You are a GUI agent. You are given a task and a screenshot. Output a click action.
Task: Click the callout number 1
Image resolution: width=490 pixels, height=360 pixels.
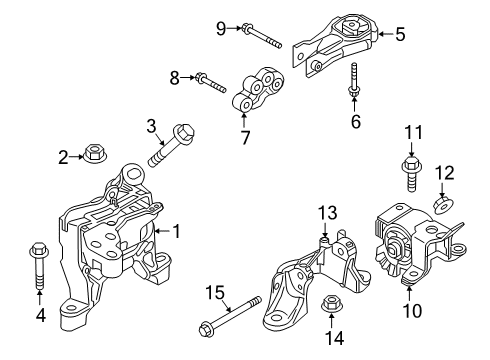177,231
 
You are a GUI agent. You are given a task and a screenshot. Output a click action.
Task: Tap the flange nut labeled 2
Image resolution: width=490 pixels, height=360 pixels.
93,153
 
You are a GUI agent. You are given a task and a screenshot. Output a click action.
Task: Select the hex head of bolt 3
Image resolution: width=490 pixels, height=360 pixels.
183,132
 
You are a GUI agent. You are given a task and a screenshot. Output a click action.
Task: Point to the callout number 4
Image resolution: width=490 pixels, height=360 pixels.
41,315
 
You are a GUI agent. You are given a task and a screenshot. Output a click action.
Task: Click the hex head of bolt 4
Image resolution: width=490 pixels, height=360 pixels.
40,249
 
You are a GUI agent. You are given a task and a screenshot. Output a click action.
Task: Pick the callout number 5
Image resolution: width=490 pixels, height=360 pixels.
400,34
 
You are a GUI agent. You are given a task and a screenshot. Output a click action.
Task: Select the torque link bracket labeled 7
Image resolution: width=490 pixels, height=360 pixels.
258,89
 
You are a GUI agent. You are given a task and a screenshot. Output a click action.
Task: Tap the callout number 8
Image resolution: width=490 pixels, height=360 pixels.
175,78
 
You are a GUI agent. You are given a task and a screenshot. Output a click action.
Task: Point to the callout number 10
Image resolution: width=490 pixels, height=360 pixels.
412,311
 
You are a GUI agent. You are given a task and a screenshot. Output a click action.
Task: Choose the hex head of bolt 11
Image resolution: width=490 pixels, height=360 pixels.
411,164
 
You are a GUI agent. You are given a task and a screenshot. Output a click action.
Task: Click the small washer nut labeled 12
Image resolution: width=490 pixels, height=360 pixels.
442,204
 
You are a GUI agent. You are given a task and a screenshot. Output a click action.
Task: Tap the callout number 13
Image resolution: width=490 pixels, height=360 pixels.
327,213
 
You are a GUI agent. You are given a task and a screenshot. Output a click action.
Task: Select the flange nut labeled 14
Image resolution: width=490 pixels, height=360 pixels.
330,304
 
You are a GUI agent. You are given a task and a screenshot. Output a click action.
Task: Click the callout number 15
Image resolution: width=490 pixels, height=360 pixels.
215,293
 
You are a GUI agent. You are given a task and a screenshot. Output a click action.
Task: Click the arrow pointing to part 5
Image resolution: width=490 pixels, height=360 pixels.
385,34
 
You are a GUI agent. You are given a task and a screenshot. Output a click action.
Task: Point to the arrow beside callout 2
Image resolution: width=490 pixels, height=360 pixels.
77,157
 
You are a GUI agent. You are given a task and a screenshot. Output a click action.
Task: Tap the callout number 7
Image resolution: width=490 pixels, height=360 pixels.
245,137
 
